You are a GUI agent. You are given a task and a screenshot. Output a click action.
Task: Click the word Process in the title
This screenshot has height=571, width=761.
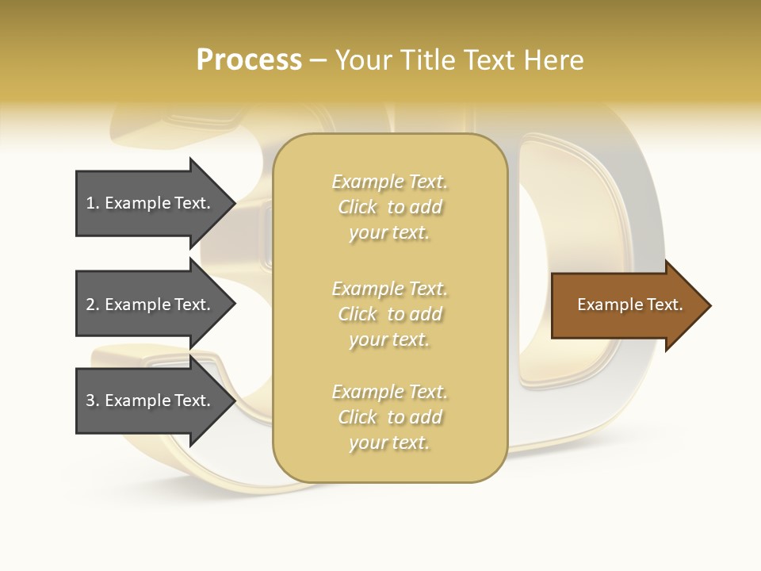[249, 60]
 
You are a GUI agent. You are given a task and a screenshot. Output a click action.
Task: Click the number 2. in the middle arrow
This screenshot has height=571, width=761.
[93, 305]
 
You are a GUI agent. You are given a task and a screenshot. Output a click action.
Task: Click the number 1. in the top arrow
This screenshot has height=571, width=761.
[93, 203]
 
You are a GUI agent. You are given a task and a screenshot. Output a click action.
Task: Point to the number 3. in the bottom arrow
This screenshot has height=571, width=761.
[93, 400]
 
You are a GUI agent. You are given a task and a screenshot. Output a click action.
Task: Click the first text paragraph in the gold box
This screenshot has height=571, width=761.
[389, 207]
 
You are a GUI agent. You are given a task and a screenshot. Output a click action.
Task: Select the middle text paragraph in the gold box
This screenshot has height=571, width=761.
[389, 314]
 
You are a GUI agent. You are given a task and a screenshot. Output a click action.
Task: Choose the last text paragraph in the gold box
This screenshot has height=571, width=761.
[389, 417]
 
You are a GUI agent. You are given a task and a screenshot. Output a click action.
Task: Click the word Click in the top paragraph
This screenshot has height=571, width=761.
[358, 207]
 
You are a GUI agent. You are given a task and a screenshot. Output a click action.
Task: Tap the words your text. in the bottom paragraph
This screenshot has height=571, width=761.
[389, 443]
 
